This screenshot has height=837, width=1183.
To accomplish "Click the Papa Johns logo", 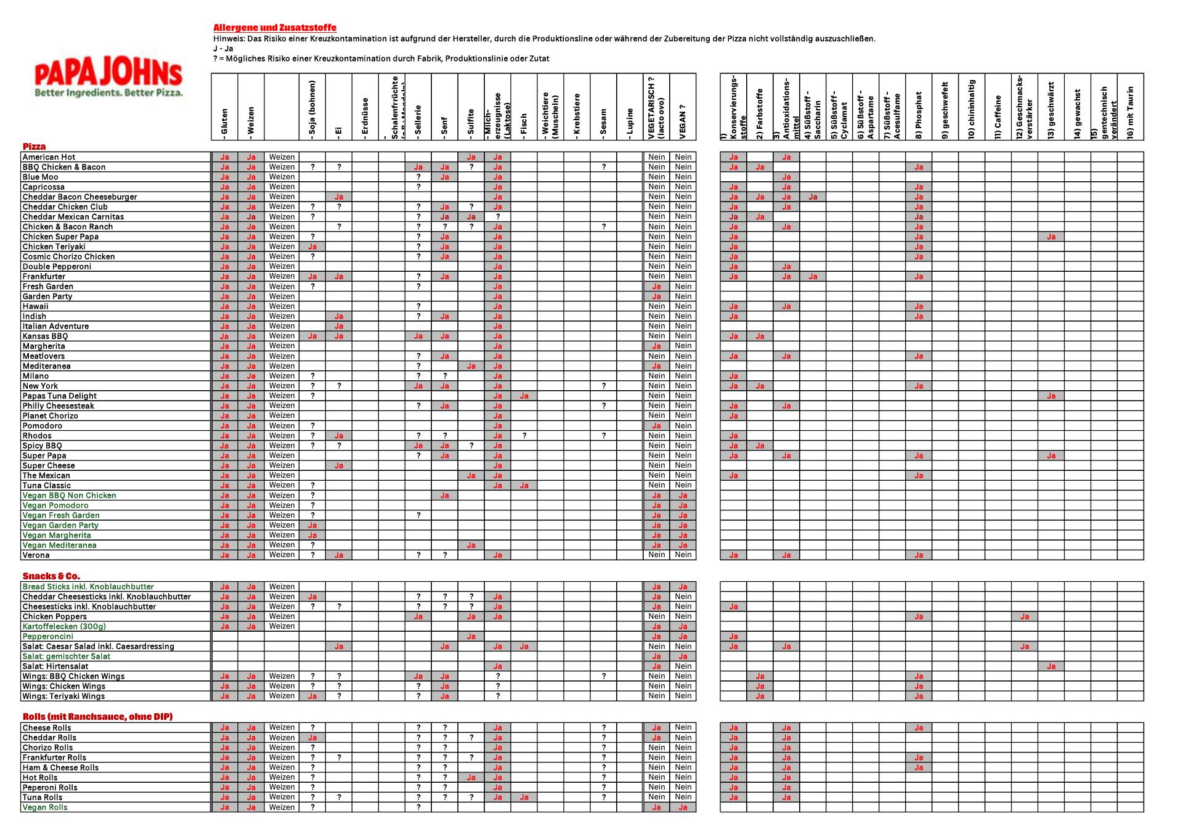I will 108,79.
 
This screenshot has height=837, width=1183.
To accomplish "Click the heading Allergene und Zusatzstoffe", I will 275,28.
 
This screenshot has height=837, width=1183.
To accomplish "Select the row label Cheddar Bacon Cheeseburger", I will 80,197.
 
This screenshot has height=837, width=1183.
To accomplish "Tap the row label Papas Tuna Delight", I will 60,396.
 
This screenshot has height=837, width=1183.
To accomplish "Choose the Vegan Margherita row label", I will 57,535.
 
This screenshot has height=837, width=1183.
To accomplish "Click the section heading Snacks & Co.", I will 51,576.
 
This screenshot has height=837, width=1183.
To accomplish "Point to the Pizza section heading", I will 35,147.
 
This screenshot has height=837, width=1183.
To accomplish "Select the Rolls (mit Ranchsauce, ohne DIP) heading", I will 97,717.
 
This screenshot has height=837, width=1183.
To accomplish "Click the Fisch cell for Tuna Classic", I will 524,485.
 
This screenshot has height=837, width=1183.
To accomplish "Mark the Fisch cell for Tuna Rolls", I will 524,797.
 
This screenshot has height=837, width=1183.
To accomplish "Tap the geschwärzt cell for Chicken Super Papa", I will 1051,237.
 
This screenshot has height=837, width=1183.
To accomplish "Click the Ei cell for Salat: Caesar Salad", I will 338,647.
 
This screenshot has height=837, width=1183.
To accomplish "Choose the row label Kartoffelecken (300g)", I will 64,626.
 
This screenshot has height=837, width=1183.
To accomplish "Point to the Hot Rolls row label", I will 40,777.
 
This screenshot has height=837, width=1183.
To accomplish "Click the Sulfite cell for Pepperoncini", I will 471,636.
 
